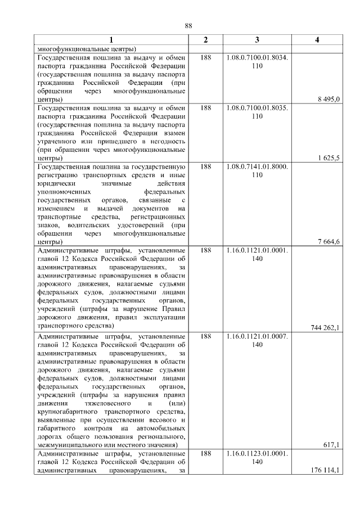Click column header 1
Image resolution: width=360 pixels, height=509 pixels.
(111, 39)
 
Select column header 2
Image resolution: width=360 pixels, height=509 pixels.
(206, 39)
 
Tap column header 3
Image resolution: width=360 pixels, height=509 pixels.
(257, 39)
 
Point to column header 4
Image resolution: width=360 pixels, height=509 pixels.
(317, 39)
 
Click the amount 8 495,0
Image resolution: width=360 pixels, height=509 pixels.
(329, 99)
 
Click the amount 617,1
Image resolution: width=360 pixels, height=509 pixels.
(332, 445)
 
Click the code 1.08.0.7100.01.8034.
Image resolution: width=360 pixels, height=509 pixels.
(257, 57)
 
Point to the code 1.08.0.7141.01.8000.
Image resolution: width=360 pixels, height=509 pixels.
(257, 167)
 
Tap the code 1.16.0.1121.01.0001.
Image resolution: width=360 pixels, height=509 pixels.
(257, 250)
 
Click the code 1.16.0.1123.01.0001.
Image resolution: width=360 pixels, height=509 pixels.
(257, 453)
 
